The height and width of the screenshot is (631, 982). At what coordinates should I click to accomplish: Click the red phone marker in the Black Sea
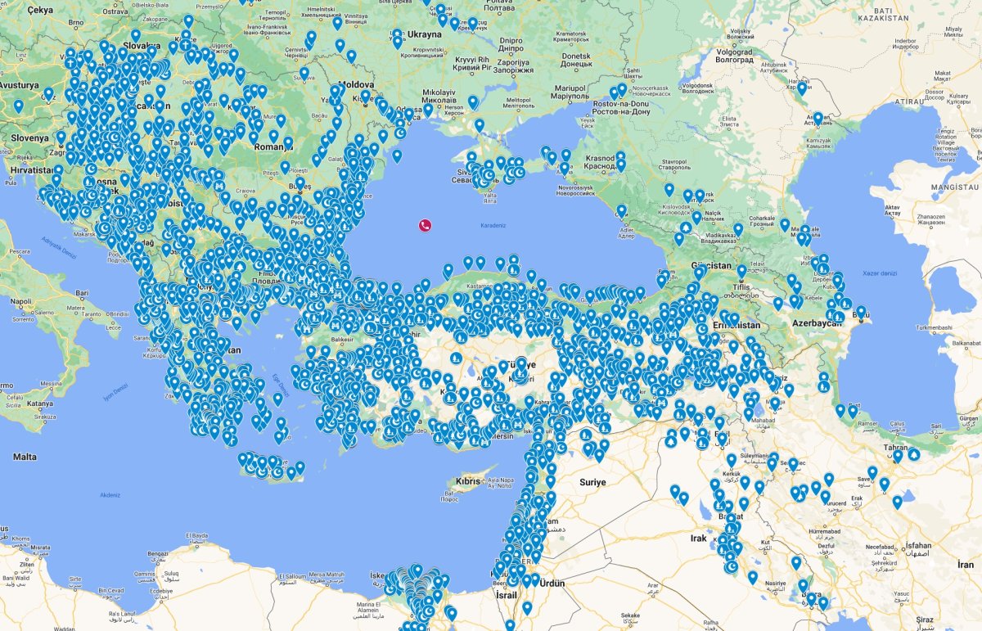pos(426,225)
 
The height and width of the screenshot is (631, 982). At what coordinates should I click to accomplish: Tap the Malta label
pos(25,457)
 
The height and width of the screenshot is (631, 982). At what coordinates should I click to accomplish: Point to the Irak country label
pos(698,538)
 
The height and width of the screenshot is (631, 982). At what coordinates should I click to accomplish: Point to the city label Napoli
pos(21,301)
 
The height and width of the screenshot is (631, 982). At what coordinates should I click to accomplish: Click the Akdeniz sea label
pos(109,494)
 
